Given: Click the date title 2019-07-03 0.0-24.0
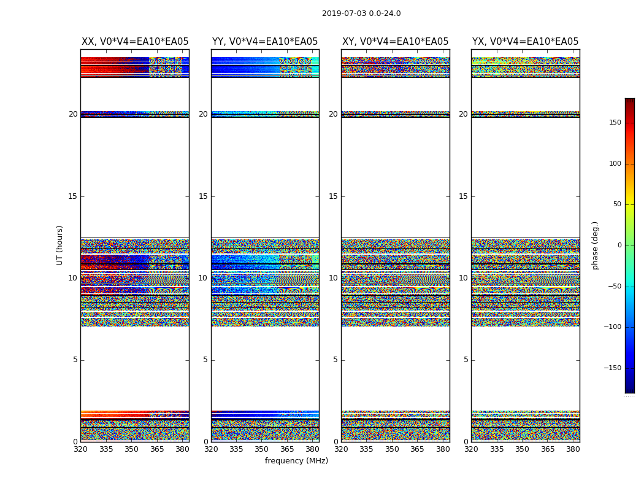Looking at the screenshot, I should coord(361,14).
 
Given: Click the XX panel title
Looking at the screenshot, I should coord(135,42).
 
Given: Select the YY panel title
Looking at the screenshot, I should coord(265,42).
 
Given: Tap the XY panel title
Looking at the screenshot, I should coord(395,42).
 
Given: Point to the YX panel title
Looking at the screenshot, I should coord(525,42).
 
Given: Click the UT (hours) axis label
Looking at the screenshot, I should coord(60,245).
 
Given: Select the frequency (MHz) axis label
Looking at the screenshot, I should coord(296,461).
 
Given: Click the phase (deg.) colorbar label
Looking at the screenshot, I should coord(595,245).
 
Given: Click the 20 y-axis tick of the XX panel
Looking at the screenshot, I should coord(73,114).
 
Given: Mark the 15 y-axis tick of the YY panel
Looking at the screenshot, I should coord(203,196).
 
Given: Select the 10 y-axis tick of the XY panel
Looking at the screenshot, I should coord(333,278).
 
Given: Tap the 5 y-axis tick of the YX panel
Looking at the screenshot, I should coord(466,360).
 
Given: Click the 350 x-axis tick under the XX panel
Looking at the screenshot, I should coord(132,449).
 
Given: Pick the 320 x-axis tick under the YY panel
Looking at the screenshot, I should coord(211,449).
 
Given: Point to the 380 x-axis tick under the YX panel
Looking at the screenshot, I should coord(573,449).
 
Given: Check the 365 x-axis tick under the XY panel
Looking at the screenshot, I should coord(417,449).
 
